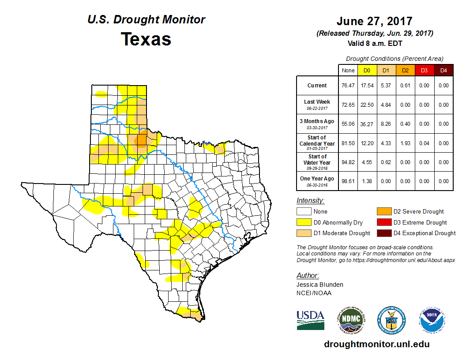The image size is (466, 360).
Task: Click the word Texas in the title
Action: [x=146, y=39]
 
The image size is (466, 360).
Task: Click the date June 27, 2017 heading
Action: [x=374, y=21]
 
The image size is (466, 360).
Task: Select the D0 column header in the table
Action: [x=367, y=71]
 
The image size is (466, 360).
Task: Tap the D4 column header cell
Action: [x=443, y=71]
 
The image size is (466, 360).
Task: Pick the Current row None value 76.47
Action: [x=348, y=86]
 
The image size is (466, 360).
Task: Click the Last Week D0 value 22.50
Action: [x=367, y=105]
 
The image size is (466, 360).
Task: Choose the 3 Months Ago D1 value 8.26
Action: [x=386, y=124]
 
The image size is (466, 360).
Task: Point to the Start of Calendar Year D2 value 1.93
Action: [x=405, y=143]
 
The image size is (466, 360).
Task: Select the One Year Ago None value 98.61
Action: [x=348, y=181]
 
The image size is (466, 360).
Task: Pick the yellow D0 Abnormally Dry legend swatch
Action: [x=304, y=222]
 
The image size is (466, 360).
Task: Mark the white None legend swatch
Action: [x=304, y=212]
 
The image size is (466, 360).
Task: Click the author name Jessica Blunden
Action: [x=320, y=285]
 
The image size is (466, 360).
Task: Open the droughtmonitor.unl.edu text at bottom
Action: [x=376, y=344]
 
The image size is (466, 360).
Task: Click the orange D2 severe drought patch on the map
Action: [x=141, y=140]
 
